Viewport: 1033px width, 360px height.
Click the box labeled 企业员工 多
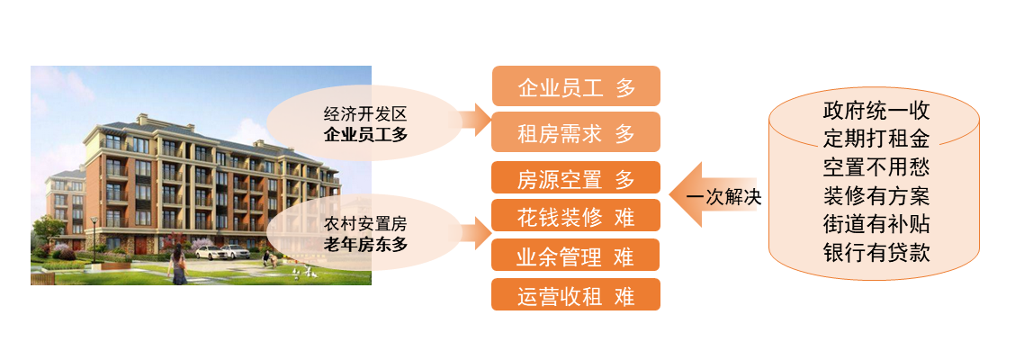(576, 87)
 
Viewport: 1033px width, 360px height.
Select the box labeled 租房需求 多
(576, 133)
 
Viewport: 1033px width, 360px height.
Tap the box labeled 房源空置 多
(576, 179)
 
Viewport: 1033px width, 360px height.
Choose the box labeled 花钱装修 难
(576, 217)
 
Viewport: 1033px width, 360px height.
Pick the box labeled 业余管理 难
(576, 256)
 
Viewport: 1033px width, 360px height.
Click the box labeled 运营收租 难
(576, 295)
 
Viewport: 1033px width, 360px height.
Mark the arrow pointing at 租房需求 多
(473, 118)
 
